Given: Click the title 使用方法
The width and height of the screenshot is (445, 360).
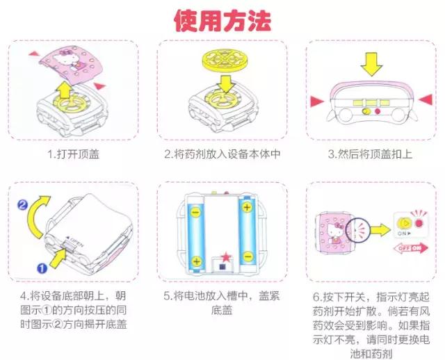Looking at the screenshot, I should (x=222, y=21).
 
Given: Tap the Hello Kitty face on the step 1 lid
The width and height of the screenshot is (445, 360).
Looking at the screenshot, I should (x=64, y=65).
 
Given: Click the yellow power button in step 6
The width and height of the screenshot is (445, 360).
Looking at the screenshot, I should (x=404, y=223).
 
